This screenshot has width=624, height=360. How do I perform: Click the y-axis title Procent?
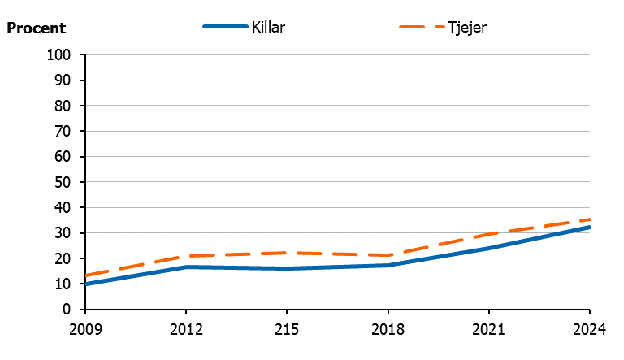pyautogui.click(x=37, y=28)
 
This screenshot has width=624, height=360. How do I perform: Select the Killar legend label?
pyautogui.click(x=269, y=27)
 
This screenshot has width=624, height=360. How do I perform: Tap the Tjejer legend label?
pyautogui.click(x=466, y=27)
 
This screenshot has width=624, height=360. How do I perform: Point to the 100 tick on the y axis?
pyautogui.click(x=62, y=55)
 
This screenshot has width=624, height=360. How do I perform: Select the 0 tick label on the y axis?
pyautogui.click(x=69, y=310)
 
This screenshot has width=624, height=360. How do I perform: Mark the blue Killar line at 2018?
pyautogui.click(x=388, y=265)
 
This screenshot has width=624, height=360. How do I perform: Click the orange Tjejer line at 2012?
pyautogui.click(x=186, y=256)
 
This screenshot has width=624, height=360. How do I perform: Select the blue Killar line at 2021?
pyautogui.click(x=489, y=248)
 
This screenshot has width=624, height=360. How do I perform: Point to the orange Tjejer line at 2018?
pyautogui.click(x=388, y=255)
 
